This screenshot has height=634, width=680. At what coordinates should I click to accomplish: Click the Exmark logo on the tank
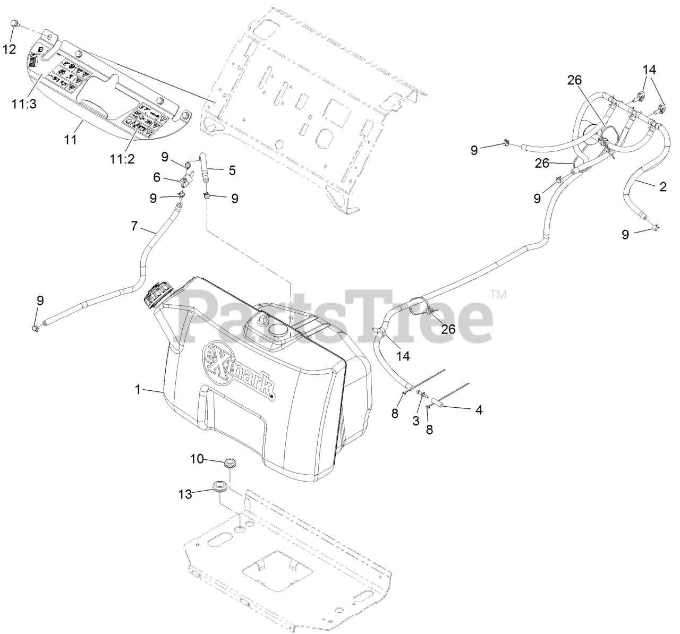click(x=238, y=371)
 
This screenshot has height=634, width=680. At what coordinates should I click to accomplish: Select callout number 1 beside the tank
click(x=138, y=389)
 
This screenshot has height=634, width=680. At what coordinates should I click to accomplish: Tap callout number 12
click(x=10, y=49)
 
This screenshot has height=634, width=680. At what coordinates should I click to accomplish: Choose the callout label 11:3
click(x=24, y=104)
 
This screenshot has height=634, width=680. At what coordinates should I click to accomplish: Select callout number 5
click(x=232, y=170)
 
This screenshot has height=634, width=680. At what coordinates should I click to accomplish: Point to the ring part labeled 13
click(x=219, y=486)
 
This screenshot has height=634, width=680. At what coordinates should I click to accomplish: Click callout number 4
click(x=479, y=410)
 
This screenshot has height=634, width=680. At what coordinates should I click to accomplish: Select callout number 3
click(x=416, y=420)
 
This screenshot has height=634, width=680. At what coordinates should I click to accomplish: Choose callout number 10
click(x=197, y=459)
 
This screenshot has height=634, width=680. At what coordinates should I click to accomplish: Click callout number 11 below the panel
click(x=71, y=140)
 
